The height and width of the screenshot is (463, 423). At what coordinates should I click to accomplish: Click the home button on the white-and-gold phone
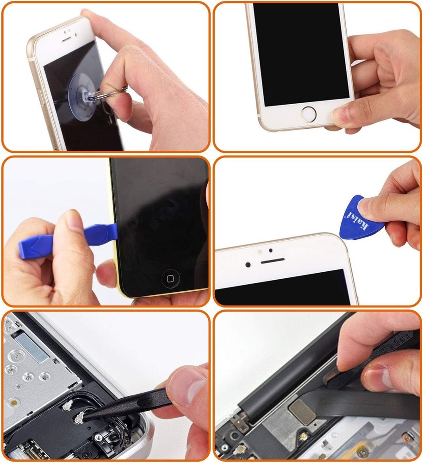click(308, 113)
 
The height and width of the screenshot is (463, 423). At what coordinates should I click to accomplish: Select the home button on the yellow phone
click(170, 278)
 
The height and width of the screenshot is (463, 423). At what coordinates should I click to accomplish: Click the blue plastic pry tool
click(65, 241)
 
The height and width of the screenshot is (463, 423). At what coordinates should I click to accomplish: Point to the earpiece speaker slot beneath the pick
click(272, 261)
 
